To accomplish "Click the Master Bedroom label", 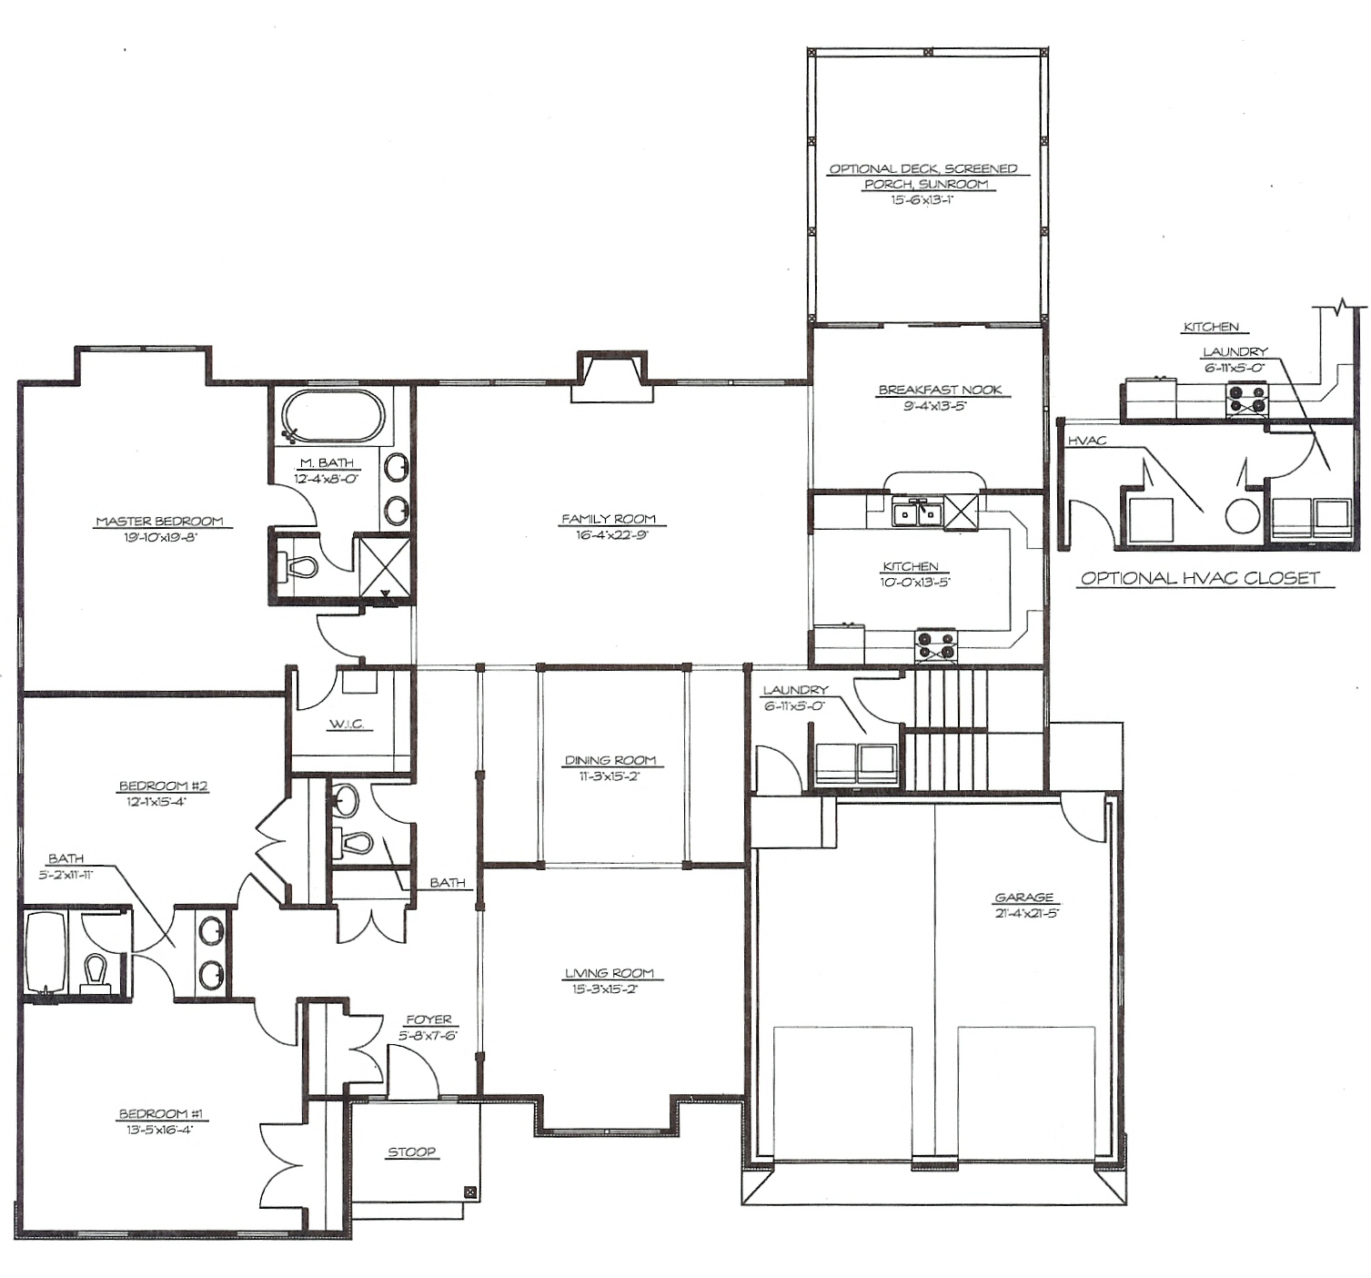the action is (x=159, y=521).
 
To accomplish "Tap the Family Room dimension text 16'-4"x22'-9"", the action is (x=609, y=535).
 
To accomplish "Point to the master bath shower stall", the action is (x=382, y=565).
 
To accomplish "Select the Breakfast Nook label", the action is (x=940, y=390).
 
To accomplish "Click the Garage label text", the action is (x=1023, y=898).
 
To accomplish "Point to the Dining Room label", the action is (x=610, y=760).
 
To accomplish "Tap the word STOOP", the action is (x=412, y=1151).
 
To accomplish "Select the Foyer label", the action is (x=428, y=1019).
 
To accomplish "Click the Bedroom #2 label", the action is (x=164, y=786).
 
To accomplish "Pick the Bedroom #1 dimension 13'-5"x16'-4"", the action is (x=164, y=1131).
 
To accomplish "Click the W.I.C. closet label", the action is (x=347, y=725).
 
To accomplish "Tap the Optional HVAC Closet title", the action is (x=1201, y=578).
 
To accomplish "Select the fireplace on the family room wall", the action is (x=611, y=377).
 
